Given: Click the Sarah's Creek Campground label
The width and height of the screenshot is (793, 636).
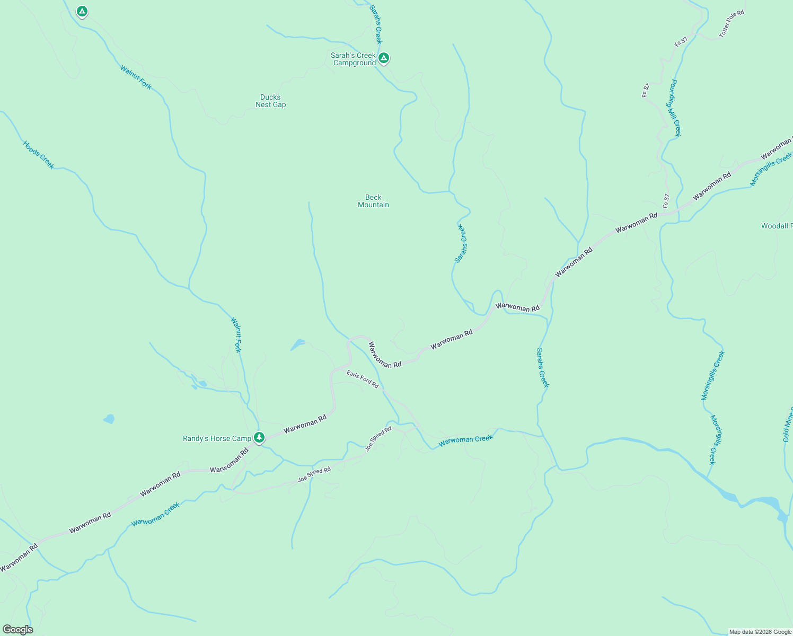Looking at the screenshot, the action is point(354,59).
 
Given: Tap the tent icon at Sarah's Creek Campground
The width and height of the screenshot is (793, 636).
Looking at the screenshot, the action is point(384,57).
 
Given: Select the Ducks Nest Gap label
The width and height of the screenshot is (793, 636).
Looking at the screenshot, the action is point(270,101).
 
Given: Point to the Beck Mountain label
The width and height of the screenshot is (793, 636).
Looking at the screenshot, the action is point(373,201).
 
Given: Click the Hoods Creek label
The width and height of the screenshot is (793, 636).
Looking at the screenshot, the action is point(39,155).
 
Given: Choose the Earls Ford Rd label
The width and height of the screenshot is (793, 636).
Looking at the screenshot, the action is point(363,379).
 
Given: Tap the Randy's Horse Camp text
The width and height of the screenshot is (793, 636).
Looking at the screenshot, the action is point(217,438).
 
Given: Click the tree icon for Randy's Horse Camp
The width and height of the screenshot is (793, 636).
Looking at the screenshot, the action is point(259,437).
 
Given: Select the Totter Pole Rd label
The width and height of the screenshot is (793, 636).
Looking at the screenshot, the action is point(732,23).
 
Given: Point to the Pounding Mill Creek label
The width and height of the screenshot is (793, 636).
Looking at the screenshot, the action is point(674,108).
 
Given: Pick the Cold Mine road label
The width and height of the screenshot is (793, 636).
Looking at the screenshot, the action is point(787,424).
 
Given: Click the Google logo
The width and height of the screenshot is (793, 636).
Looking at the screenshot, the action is point(18,630).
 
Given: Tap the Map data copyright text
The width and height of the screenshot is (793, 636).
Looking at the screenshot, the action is point(760,632).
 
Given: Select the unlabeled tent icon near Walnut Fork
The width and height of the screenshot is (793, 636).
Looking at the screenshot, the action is point(82,11).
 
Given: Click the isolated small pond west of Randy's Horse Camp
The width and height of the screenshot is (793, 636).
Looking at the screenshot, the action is point(109,419).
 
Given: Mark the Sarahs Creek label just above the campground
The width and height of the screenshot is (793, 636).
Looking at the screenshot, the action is point(375,24).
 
